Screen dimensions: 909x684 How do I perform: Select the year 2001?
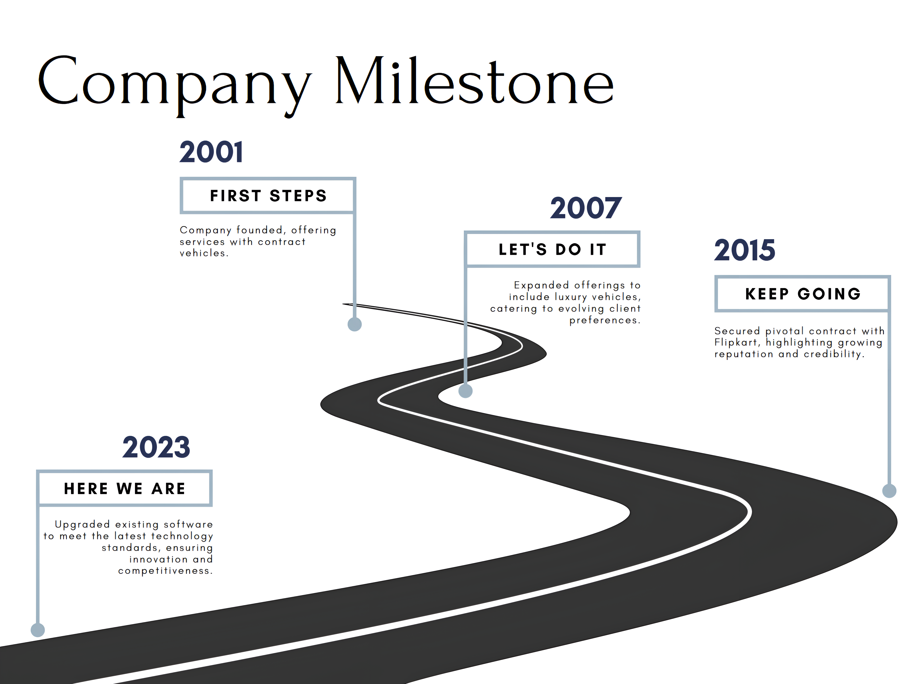click(211, 152)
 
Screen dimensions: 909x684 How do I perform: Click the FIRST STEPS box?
click(268, 196)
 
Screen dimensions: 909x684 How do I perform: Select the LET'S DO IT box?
click(552, 249)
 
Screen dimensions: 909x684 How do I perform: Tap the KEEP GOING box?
click(803, 293)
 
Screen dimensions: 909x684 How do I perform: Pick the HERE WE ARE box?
click(125, 488)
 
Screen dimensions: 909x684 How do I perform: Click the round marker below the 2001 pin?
click(355, 324)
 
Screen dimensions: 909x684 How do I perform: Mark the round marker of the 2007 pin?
click(466, 391)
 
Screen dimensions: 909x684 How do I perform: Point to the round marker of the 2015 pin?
click(889, 491)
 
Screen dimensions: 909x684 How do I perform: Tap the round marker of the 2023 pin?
click(38, 630)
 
